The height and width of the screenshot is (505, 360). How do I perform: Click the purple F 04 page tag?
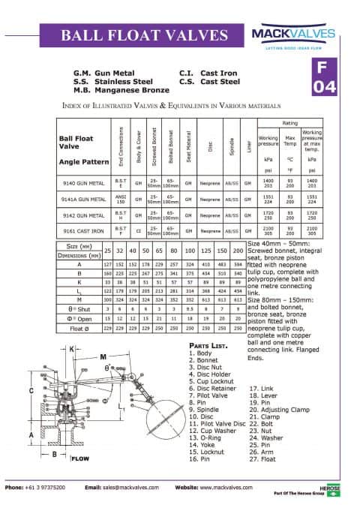click(325, 77)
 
